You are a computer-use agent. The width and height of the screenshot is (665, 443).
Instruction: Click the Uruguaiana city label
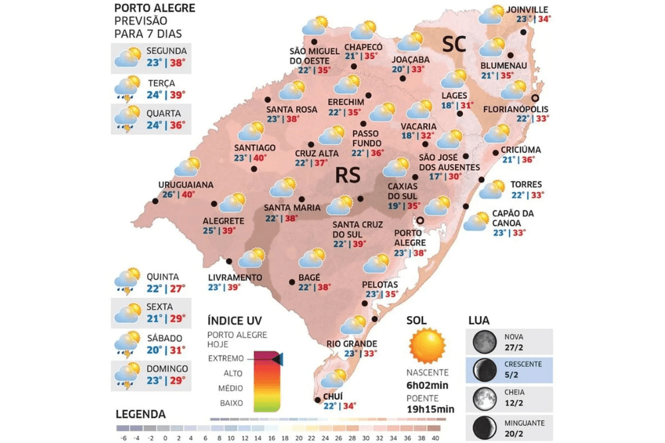pos(186,184)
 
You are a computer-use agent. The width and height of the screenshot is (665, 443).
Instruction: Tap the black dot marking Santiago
pos(255,169)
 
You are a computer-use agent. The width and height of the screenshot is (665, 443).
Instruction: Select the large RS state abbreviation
pos(348,175)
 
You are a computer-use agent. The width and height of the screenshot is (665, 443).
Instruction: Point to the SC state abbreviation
pos(455,45)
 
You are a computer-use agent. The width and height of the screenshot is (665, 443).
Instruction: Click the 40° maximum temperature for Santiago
pos(259,158)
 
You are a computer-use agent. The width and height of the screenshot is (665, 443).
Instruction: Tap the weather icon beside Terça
pos(126,86)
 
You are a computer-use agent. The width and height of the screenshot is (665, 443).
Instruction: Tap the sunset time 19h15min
pos(430,409)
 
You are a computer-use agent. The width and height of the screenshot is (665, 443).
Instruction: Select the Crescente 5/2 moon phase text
pos(523,369)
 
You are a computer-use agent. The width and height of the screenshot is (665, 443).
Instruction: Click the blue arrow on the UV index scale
pos(277,359)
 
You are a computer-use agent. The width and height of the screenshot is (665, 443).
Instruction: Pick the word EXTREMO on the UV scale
pos(225,358)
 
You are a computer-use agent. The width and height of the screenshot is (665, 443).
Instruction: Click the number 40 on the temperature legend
pos(436,438)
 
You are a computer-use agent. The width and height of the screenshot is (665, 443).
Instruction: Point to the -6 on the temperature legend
pos(122,438)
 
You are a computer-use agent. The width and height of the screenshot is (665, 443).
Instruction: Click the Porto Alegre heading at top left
pos(154,9)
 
